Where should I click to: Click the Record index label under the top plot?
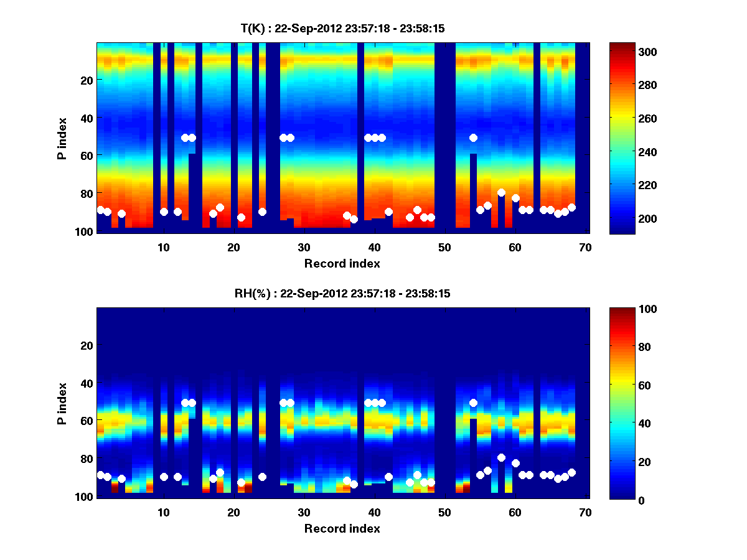[342, 263]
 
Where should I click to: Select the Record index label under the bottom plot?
[342, 528]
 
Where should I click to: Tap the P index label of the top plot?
[62, 138]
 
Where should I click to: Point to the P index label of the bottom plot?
[62, 403]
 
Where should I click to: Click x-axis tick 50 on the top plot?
[444, 247]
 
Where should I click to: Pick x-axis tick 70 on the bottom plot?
[585, 512]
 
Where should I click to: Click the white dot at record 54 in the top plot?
[473, 138]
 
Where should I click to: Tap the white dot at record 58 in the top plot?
[501, 193]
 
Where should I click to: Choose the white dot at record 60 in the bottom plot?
[515, 463]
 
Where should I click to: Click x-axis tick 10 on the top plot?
[163, 247]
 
